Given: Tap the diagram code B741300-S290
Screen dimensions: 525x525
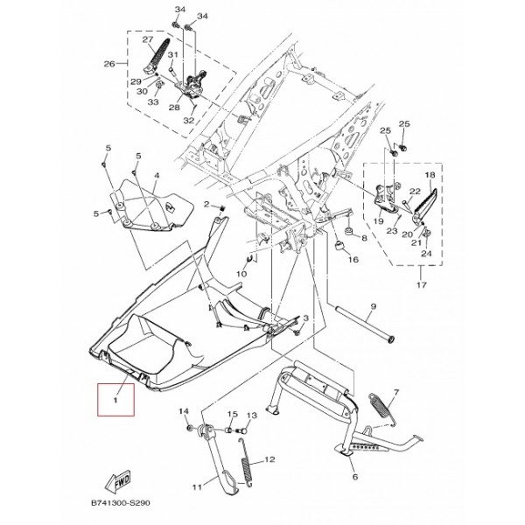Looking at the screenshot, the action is click(x=121, y=503).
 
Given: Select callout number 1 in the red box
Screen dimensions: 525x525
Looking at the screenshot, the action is click(x=115, y=400).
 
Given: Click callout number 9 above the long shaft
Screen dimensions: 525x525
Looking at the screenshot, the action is click(x=374, y=306).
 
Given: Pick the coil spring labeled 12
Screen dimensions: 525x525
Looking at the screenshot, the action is click(x=246, y=462).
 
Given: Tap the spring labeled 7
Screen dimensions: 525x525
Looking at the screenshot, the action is click(x=382, y=407).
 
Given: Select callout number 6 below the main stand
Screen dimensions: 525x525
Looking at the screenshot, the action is click(x=355, y=476).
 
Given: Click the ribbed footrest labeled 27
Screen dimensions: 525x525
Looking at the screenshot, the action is click(x=157, y=56).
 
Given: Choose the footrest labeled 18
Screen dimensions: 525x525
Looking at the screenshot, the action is click(x=424, y=206).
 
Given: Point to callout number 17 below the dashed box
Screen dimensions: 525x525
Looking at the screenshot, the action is click(x=422, y=284).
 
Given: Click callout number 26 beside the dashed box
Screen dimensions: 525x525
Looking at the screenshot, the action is click(x=109, y=64).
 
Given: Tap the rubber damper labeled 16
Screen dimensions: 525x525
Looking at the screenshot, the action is click(x=339, y=245).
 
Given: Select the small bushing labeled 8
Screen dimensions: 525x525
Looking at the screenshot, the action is click(x=349, y=232).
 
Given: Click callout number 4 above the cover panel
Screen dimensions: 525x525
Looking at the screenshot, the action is click(x=157, y=176).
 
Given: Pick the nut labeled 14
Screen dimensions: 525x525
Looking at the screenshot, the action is click(x=189, y=428).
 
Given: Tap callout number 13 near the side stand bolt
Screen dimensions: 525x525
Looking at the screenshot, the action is click(x=252, y=416).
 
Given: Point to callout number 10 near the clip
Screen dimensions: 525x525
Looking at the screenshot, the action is click(x=241, y=274).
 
